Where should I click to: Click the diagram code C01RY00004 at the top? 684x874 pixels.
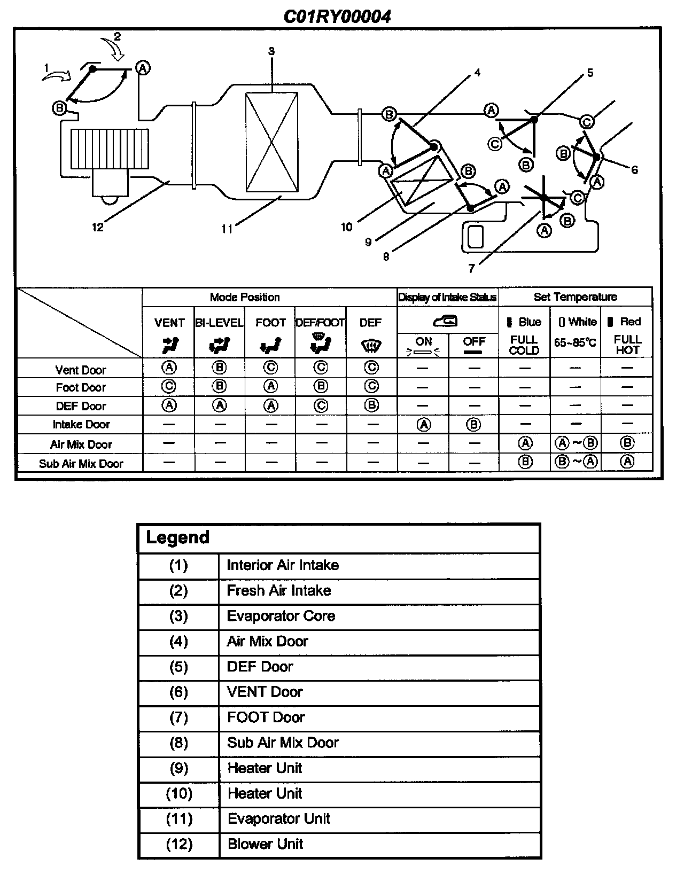click(x=337, y=17)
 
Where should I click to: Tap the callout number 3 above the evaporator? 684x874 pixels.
click(x=271, y=51)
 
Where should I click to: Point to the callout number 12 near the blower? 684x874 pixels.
click(x=97, y=227)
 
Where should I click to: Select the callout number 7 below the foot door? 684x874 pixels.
click(x=471, y=269)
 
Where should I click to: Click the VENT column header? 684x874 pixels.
click(x=169, y=323)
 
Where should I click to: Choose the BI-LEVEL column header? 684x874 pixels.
click(x=219, y=323)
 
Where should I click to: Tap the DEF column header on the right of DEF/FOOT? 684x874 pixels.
click(x=370, y=323)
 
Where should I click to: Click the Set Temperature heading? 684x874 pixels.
click(x=575, y=297)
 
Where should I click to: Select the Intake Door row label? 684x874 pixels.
click(x=81, y=425)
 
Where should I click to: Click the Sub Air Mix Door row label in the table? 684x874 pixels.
click(x=81, y=464)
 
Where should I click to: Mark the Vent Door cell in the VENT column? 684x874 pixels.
click(x=169, y=368)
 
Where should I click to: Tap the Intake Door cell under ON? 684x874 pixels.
click(x=423, y=425)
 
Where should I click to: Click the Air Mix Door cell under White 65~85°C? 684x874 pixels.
click(x=576, y=443)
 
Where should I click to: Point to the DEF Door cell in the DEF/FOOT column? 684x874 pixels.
click(x=321, y=406)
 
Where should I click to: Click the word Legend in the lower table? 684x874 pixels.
click(x=177, y=537)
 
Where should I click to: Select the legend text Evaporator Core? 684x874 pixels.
click(x=281, y=616)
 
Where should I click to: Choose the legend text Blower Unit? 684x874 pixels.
click(x=265, y=844)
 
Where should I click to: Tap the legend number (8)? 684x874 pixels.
click(x=178, y=743)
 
